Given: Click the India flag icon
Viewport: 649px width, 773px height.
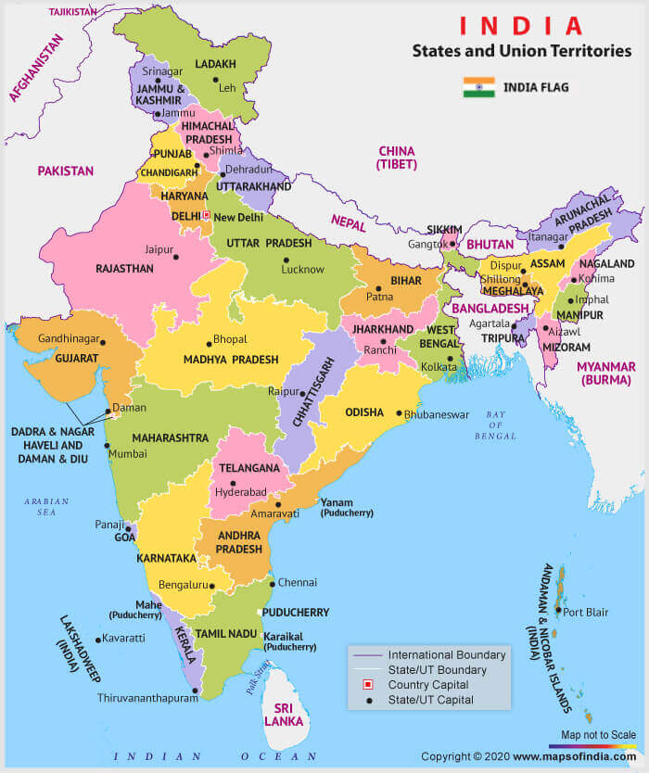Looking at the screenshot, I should point(478,88).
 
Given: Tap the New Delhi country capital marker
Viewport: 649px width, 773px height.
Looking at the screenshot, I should point(207,215).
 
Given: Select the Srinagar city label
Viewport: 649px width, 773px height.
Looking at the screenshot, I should point(163,71).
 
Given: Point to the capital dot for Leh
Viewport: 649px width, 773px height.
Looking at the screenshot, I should point(215,81).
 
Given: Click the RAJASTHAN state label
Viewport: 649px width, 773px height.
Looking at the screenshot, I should point(123,268).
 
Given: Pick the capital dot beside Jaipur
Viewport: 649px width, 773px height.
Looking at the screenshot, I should point(179,255).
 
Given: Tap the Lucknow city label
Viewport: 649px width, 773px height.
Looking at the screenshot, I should point(303,270).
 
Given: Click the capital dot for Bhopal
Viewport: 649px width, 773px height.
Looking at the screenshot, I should point(208,340).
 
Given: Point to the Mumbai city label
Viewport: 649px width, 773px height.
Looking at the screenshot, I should point(127,454).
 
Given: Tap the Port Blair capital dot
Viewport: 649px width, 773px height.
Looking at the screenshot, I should point(557,611).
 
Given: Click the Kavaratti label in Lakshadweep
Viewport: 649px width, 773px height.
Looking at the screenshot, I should point(125,639).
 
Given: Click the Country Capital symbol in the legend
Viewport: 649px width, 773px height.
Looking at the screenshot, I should point(367,685).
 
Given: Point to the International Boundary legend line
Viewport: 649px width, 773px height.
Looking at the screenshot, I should point(367,654).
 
